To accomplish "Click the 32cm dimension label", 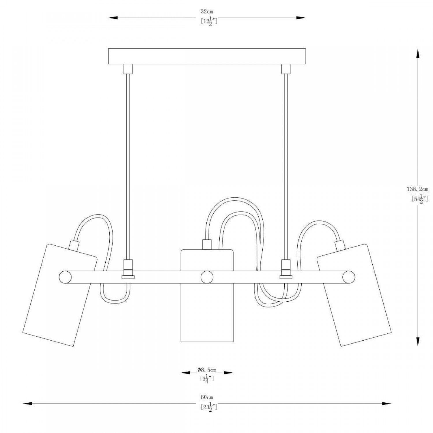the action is [207, 12].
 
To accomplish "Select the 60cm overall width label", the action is [207, 397].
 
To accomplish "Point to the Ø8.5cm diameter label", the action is [207, 370].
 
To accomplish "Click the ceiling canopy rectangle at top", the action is [207, 56].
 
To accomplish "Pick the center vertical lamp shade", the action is [207, 296].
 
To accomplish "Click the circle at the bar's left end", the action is [65, 277].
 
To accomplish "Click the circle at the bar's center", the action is [207, 277].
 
